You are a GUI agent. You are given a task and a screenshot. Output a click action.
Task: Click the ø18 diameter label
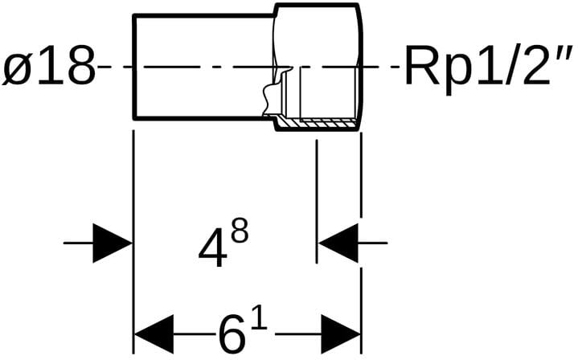tap(48, 67)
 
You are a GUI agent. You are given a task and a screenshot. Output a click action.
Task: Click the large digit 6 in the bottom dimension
tap(232, 333)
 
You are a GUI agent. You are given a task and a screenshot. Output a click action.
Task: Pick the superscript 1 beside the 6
tap(259, 317)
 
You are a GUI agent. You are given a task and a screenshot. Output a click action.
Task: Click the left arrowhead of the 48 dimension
tap(113, 242)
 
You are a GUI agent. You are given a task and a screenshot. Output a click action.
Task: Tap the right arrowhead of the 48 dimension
tap(338, 242)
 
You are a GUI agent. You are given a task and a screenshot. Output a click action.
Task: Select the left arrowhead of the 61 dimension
tap(153, 333)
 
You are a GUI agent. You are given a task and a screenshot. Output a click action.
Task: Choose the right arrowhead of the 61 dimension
tap(341, 333)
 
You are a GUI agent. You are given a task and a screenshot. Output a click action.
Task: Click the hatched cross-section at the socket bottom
tap(317, 125)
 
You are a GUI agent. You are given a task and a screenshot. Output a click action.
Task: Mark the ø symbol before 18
tap(18, 67)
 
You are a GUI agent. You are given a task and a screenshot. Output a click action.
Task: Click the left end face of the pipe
tap(133, 67)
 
